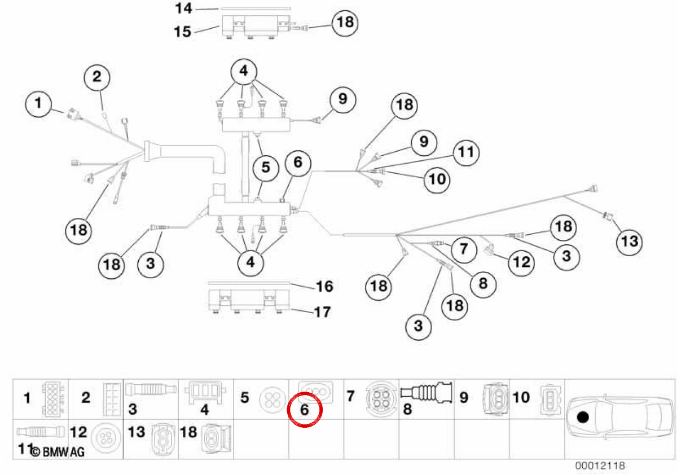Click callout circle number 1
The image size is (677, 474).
[x=38, y=104]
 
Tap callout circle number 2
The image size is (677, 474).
[x=96, y=77]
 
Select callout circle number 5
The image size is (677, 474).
[x=266, y=168]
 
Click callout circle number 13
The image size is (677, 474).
[x=630, y=242]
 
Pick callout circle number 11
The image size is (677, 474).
[x=466, y=153]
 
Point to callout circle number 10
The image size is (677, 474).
[x=437, y=180]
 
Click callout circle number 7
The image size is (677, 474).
[x=464, y=249]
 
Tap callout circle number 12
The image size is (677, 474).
[x=521, y=262]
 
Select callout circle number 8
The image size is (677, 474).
[x=483, y=284]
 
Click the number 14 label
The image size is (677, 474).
[x=183, y=8]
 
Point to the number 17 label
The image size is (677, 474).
[x=323, y=312]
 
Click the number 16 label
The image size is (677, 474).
[x=324, y=286]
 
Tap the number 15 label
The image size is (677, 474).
[x=183, y=32]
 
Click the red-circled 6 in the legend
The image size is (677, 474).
[x=305, y=410]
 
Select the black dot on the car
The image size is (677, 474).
[x=583, y=418]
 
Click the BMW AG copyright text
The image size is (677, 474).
[x=58, y=452]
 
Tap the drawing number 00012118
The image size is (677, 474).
[x=600, y=466]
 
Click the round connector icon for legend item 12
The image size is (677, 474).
[x=106, y=437]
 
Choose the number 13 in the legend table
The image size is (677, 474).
[x=137, y=432]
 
